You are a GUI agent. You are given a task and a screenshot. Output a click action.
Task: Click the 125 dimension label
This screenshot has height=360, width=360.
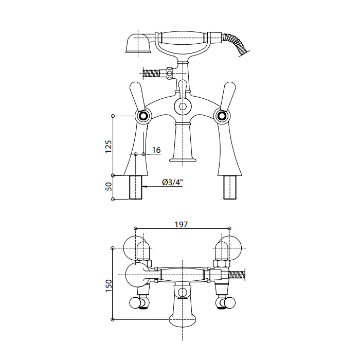[x=109, y=146]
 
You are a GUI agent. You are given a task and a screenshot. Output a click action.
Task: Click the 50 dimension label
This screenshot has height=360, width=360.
[x=109, y=186]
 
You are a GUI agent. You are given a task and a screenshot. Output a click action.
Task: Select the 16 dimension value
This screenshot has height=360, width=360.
[x=156, y=150]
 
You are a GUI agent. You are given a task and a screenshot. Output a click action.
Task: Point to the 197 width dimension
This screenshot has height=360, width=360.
[x=182, y=224]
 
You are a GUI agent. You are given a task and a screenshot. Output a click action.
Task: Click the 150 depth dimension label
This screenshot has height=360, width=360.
[x=109, y=285]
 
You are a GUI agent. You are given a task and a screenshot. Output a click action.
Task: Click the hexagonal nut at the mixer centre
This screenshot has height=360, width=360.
[x=183, y=106]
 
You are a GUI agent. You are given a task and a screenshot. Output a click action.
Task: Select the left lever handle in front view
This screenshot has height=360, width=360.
[x=137, y=96]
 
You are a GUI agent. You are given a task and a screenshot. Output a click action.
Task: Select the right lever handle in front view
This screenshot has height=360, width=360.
[x=228, y=96]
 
